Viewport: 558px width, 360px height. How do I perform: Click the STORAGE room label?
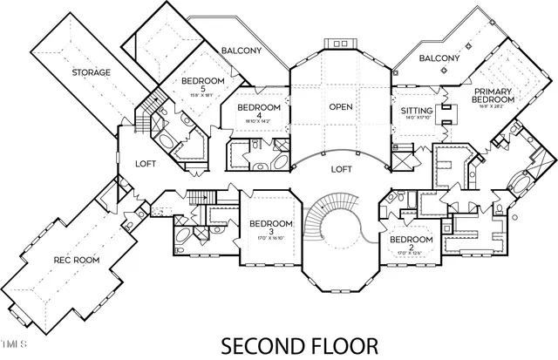92,72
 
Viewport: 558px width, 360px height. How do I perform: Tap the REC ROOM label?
76,260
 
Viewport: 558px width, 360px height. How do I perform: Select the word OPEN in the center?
339,107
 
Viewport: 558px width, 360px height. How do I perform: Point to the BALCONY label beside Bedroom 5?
241,51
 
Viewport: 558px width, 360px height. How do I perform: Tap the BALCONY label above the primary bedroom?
439,58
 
